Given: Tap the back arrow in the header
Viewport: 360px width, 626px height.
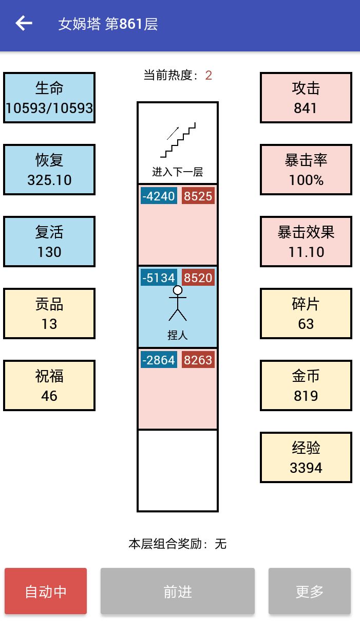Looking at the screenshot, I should [24, 24].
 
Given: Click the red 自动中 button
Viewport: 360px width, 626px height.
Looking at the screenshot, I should [46, 591].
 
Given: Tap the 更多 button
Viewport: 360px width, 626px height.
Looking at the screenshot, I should [309, 591].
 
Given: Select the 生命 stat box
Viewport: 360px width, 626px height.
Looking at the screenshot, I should [49, 98].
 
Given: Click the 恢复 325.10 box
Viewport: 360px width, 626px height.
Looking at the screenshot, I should [49, 170].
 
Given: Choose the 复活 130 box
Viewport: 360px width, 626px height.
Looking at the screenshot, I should [49, 242].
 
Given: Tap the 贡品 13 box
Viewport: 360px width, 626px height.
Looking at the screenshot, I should [49, 314].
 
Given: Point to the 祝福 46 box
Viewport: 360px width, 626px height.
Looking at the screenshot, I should [49, 385].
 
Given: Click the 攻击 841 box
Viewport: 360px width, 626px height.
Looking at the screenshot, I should [306, 98].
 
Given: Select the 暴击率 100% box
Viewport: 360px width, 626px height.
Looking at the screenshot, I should [306, 170].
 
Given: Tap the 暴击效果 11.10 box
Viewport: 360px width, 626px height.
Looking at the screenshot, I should [306, 242].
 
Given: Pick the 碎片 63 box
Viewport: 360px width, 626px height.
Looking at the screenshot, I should [306, 314].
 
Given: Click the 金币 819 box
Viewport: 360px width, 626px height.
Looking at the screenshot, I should [306, 385].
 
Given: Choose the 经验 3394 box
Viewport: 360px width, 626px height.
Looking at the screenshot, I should [306, 457].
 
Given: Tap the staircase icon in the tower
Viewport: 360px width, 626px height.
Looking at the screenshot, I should [178, 140].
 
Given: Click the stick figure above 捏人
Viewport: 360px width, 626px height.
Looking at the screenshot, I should [178, 303].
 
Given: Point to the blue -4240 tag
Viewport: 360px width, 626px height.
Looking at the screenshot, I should [158, 196].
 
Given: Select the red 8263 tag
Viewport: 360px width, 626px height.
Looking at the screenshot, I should [198, 360].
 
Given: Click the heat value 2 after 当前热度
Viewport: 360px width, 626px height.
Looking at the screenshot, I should [209, 76].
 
